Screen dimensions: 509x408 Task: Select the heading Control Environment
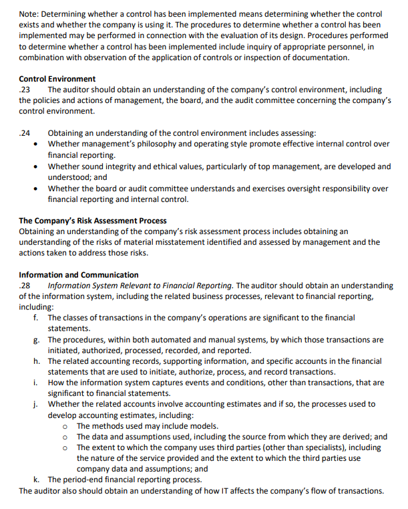coord(57,79)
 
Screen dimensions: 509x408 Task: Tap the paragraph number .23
coord(25,90)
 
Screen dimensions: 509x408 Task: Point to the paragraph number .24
coord(25,133)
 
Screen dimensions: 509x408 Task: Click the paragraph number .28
coord(25,286)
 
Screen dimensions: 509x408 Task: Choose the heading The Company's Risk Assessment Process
coord(93,221)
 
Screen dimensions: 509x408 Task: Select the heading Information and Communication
coord(79,275)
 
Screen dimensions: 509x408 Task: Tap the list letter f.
coord(35,318)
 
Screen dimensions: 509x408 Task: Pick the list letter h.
coord(35,361)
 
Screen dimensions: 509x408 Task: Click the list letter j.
coord(35,404)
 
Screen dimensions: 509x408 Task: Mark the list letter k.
coord(35,480)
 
